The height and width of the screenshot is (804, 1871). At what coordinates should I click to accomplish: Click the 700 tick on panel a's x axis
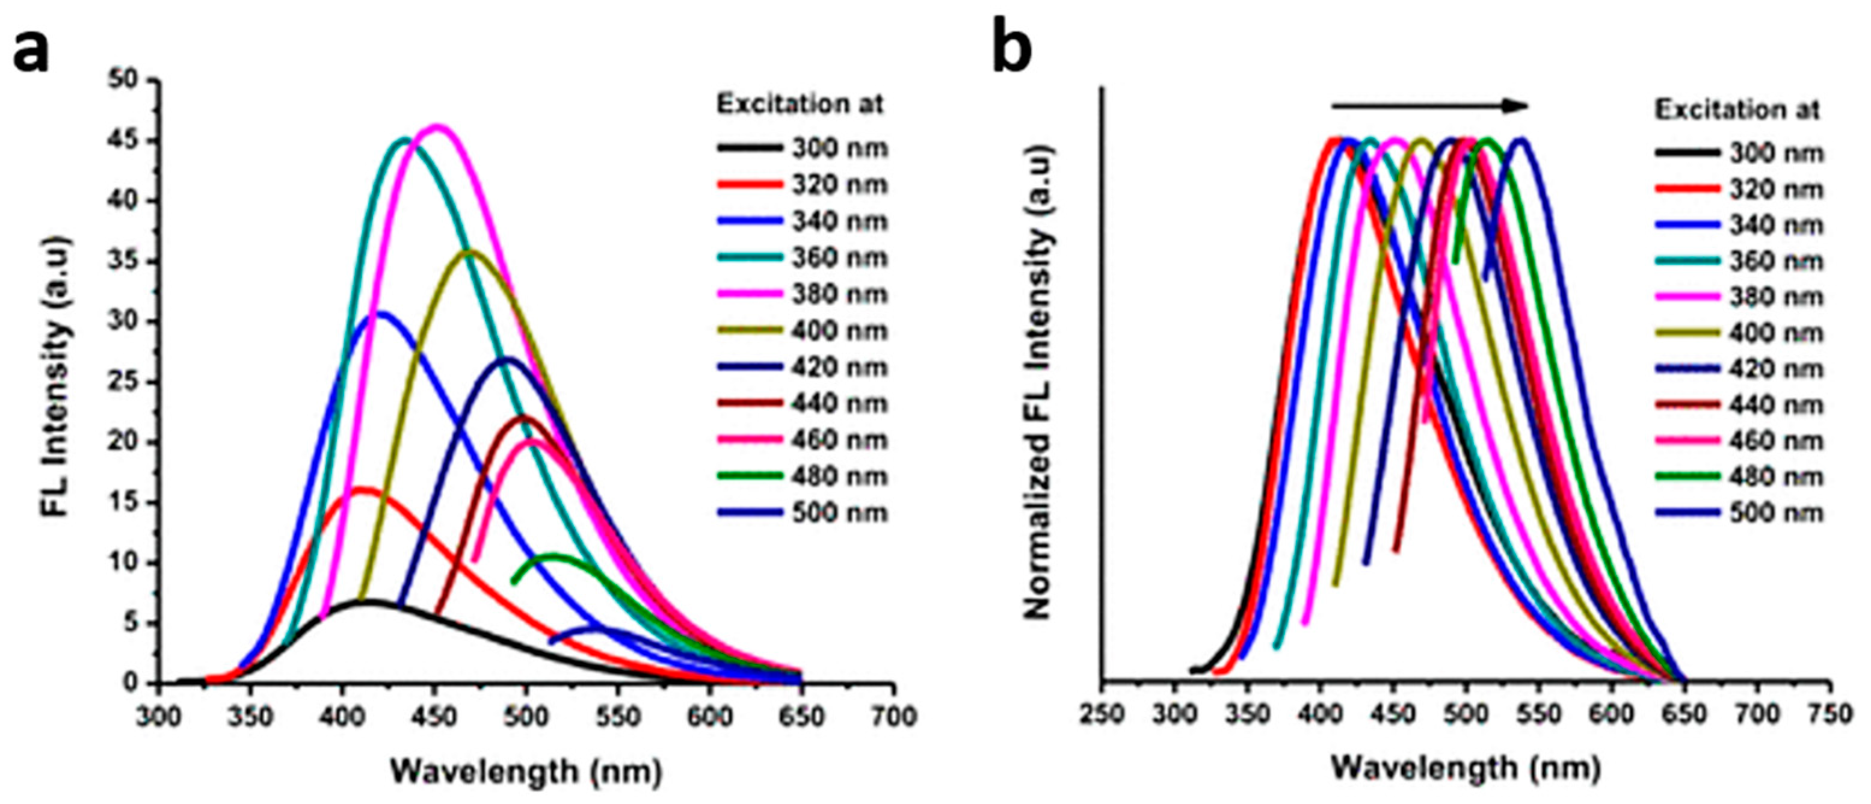(893, 717)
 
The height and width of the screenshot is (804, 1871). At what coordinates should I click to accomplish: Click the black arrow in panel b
(1429, 106)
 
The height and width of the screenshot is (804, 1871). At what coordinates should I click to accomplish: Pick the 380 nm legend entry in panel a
(803, 295)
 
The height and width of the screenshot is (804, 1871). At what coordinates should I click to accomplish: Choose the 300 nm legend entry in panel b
(1739, 153)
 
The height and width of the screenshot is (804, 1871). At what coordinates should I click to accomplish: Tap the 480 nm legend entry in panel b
(1739, 477)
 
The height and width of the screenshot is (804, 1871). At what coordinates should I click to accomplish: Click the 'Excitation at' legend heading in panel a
(800, 105)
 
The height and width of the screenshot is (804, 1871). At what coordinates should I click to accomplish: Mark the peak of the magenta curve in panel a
(437, 126)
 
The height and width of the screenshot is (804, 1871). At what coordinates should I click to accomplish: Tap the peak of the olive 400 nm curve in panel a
(472, 252)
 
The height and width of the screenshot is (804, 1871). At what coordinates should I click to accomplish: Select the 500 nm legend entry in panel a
(803, 513)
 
